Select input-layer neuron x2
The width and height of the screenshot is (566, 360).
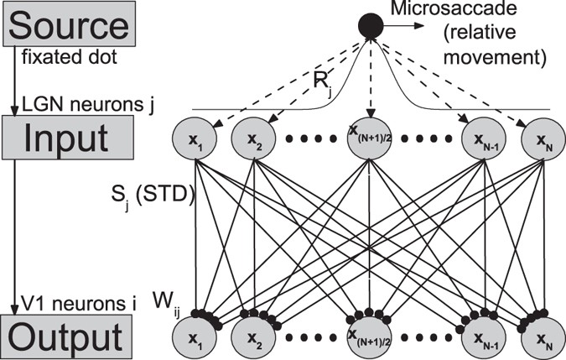tap(253, 138)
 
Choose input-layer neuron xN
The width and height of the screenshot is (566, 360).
tap(540, 138)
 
